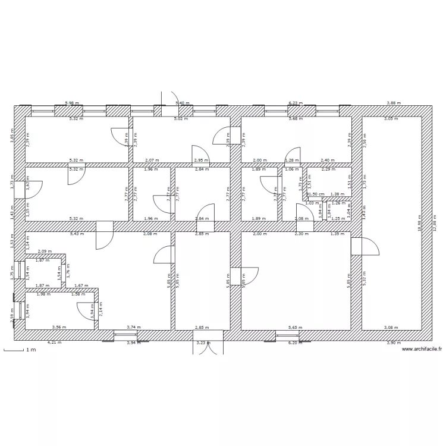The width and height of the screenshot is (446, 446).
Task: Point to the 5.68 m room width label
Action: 295,119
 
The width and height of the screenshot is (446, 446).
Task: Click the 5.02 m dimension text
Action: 180,119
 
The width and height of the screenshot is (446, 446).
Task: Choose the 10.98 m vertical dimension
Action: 419,224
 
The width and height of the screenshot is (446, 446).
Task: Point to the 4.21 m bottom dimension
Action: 55,343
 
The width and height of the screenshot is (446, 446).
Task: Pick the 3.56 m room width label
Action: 58,327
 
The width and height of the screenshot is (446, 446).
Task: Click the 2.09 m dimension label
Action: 44,252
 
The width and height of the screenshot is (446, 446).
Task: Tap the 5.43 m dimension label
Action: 77,234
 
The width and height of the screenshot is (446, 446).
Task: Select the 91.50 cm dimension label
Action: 315,194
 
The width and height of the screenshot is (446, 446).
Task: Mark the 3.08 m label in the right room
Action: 391,327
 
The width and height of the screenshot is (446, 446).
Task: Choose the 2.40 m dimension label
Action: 328,161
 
